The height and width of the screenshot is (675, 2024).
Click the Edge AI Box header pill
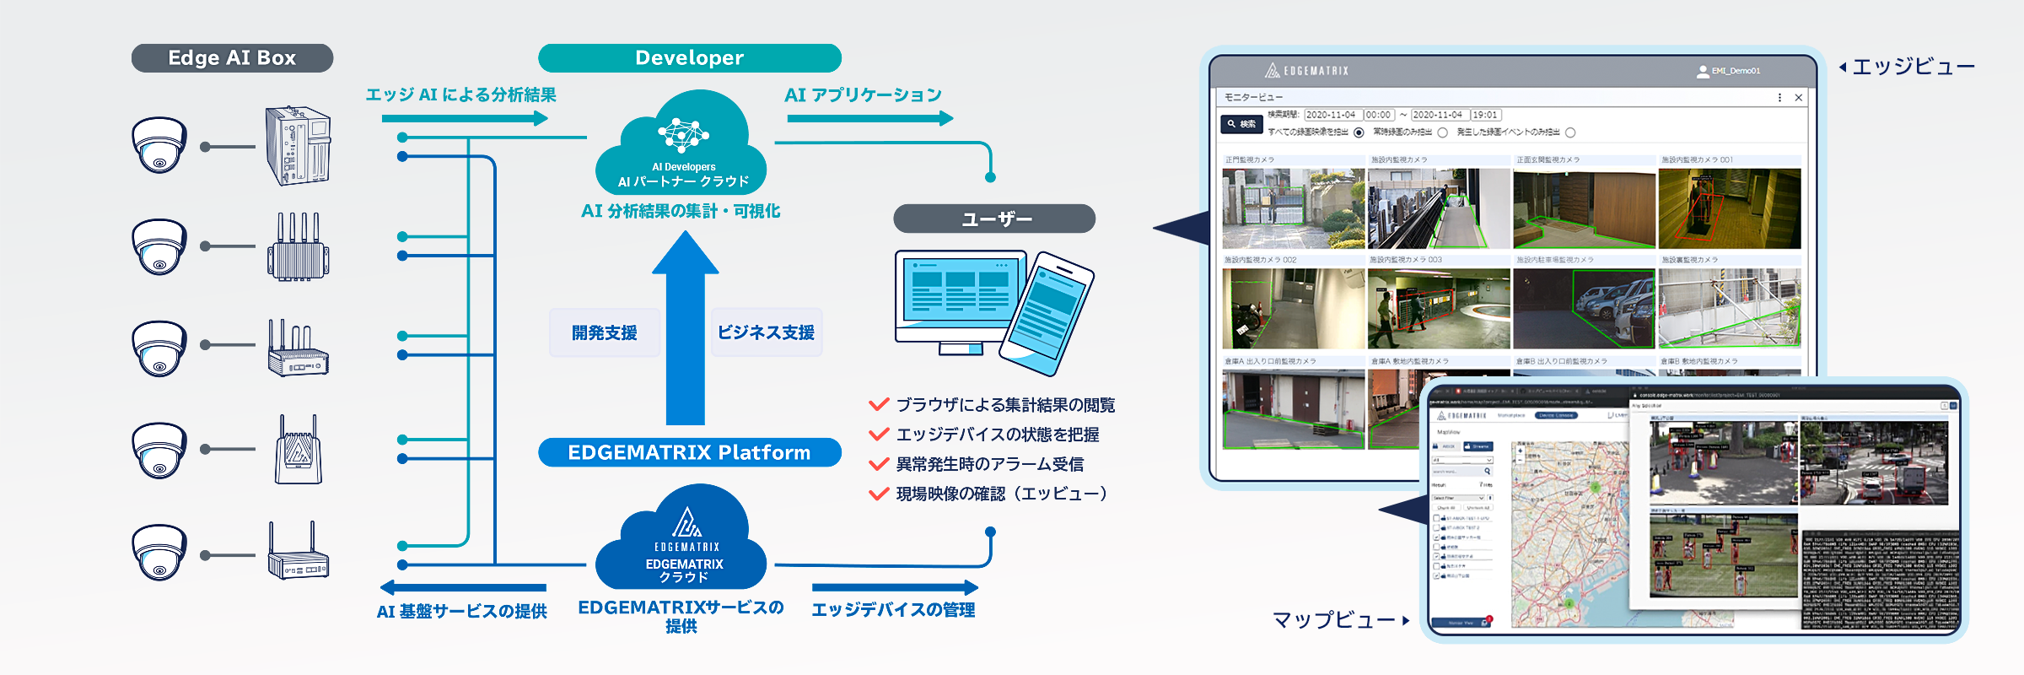point(232,58)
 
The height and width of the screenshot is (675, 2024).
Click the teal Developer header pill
point(689,58)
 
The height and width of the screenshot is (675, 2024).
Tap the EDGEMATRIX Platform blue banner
point(689,452)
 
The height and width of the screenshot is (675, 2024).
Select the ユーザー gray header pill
point(994,219)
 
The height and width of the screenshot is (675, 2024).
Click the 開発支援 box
point(604,332)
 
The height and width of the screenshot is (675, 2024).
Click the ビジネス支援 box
point(766,332)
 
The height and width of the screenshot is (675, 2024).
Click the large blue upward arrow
point(685,329)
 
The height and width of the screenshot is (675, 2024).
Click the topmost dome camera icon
point(159,145)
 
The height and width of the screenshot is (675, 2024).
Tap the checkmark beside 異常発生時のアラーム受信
point(879,464)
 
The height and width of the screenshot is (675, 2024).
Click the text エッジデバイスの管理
point(893,609)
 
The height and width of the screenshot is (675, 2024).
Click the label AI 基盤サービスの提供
point(461,611)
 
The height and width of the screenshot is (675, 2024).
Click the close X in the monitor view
point(1798,98)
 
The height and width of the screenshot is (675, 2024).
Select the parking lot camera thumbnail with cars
point(1584,309)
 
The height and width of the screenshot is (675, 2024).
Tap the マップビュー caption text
point(1333,620)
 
